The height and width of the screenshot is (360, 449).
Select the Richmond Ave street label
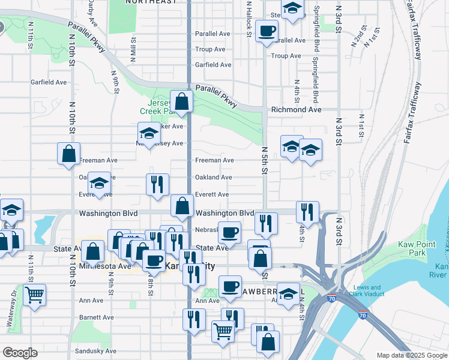click(297, 110)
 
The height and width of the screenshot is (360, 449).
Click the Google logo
click(20, 353)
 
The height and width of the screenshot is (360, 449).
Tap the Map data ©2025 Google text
click(411, 355)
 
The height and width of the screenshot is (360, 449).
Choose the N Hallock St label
click(248, 17)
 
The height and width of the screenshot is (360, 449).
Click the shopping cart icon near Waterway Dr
click(35, 294)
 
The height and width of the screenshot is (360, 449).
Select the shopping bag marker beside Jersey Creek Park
click(181, 101)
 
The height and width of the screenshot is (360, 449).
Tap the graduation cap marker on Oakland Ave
click(99, 182)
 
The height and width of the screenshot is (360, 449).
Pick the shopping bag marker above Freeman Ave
click(69, 152)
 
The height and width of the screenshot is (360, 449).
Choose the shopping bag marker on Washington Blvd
click(182, 205)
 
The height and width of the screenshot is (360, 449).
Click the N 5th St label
click(264, 161)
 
